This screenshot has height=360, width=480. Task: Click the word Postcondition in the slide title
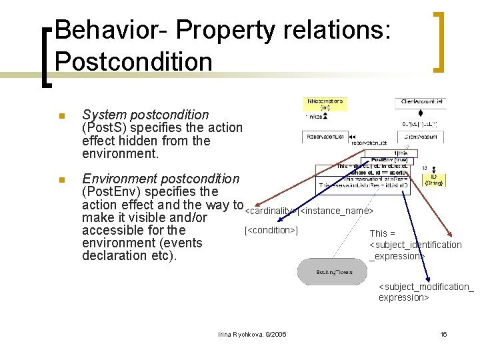tap(133, 61)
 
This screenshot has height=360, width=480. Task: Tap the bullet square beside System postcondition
tap(61, 115)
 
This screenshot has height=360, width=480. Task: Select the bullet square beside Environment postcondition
tap(61, 179)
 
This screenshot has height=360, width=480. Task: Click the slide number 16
tap(443, 334)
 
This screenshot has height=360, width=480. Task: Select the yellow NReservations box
tap(325, 104)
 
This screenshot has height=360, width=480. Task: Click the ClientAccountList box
tap(422, 102)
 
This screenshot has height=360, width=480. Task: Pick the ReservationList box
tap(325, 137)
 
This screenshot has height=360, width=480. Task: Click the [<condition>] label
tap(271, 231)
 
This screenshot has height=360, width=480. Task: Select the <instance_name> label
tap(337, 211)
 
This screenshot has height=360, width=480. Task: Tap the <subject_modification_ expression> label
tap(425, 292)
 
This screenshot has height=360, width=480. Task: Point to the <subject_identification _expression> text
tap(415, 245)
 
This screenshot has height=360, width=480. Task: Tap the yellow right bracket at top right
tap(439, 41)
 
